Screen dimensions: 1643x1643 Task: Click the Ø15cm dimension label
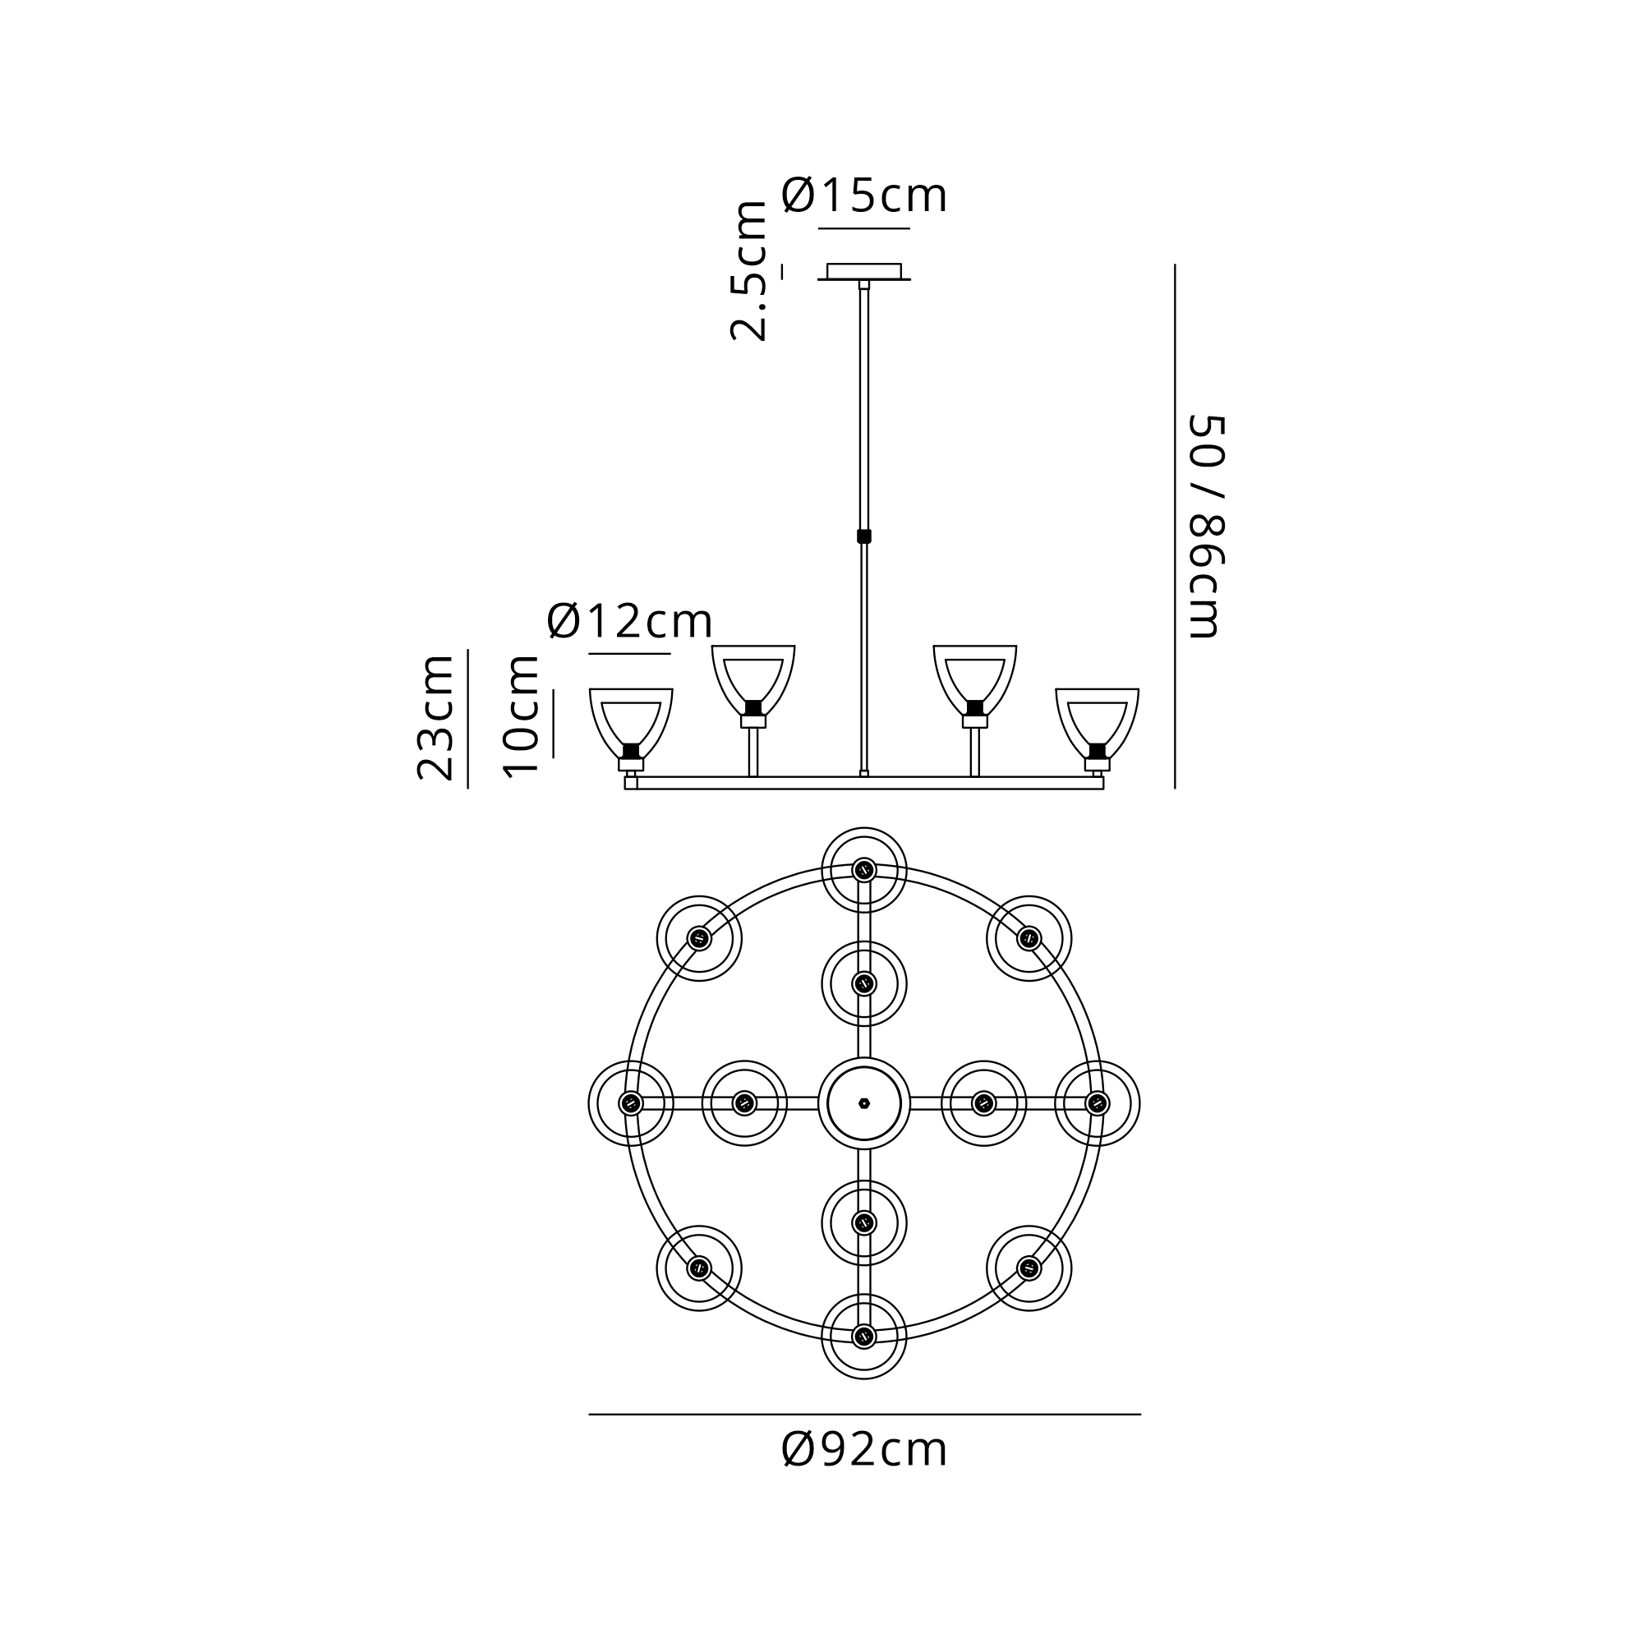(x=864, y=196)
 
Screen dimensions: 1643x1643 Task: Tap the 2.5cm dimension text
(x=749, y=271)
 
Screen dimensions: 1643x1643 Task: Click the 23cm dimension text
(x=435, y=718)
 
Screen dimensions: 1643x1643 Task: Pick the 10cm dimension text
(x=521, y=716)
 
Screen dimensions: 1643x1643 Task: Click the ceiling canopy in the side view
(x=864, y=271)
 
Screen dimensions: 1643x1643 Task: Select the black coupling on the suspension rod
(x=864, y=536)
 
